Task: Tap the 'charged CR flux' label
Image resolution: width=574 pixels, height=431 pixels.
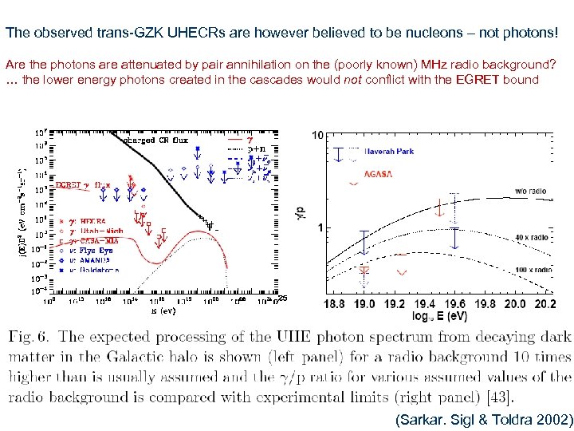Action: [155, 140]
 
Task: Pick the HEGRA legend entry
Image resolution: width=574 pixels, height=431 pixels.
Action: [88, 221]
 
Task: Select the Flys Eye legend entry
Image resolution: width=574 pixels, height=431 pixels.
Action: [94, 251]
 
